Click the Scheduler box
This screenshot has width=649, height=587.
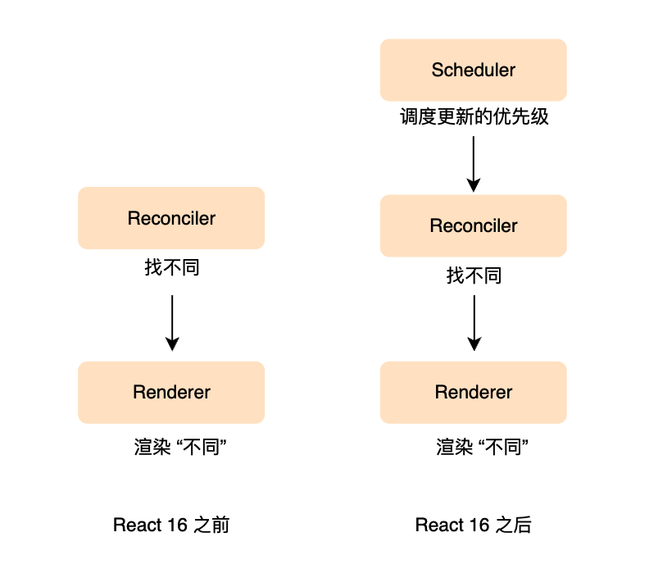pos(473,70)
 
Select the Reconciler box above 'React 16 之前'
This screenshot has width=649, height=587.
pos(171,218)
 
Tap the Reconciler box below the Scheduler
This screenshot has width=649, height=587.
pos(473,225)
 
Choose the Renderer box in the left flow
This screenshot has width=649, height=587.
pos(171,393)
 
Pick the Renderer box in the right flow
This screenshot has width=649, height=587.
pos(473,393)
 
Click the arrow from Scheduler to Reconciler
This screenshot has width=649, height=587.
pos(474,164)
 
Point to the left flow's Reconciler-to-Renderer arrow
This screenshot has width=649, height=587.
pos(172,323)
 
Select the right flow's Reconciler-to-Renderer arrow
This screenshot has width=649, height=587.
pos(474,323)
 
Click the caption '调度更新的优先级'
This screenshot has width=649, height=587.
pos(474,116)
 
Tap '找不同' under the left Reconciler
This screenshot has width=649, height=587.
pos(172,267)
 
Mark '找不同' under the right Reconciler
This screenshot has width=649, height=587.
pos(474,275)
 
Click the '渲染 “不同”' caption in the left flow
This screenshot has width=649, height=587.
pos(180,447)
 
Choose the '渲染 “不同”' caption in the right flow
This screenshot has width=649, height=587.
pos(482,447)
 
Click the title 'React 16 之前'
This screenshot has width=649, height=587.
pos(171,525)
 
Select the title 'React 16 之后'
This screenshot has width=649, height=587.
pos(474,525)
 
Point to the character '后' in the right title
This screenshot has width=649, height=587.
pos(522,525)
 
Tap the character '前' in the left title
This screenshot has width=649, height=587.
pos(220,525)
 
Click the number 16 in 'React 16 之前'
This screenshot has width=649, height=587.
pos(177,525)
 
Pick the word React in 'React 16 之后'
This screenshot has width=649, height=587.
pos(439,525)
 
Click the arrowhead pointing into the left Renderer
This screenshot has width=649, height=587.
pos(172,344)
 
